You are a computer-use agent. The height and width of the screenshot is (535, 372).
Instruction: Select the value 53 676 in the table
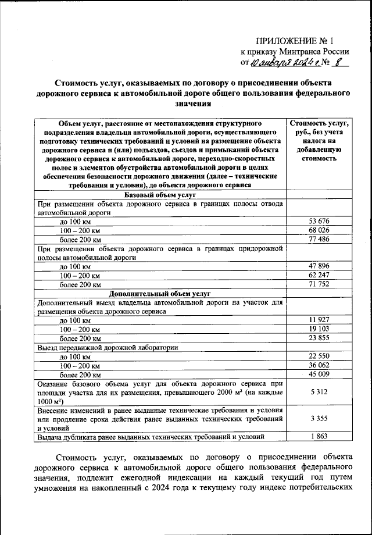tap(319, 222)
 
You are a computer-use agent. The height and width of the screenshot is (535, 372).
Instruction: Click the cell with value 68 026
tap(319, 231)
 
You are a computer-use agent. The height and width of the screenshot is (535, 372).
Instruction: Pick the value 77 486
tap(319, 240)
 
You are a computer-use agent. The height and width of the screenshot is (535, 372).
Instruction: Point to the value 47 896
tap(319, 266)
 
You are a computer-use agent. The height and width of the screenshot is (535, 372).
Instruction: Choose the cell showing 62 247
tap(319, 275)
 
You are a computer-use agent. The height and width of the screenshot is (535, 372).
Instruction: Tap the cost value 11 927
tap(319, 320)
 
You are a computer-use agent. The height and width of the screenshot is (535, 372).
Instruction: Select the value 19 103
tap(319, 329)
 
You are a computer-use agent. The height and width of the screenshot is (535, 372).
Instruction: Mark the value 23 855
tap(319, 338)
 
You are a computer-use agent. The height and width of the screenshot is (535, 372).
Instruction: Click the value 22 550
tap(319, 356)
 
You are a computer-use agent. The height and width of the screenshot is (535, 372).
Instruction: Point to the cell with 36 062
tap(319, 365)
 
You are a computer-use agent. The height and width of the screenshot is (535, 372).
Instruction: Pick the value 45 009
tap(319, 374)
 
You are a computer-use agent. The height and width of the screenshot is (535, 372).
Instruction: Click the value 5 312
tap(319, 393)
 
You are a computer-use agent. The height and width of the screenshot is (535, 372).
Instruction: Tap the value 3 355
tap(319, 418)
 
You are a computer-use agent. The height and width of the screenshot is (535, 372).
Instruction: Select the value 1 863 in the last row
tap(319, 436)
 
